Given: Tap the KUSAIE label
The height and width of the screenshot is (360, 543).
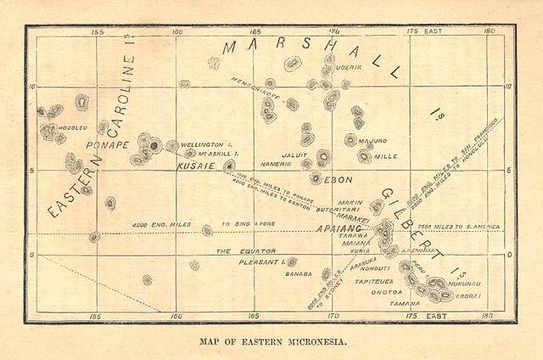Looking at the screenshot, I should tap(195, 167).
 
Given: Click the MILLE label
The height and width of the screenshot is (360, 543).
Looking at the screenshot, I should tap(385, 156).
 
